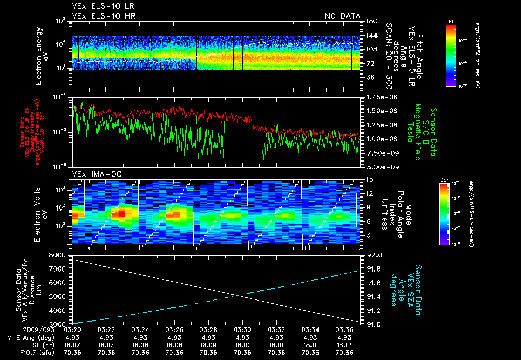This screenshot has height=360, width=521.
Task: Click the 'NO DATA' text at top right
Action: pos(342,16)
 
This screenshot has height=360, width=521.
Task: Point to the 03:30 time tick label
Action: pos(242,330)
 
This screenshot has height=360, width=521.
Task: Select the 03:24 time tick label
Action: pos(140,330)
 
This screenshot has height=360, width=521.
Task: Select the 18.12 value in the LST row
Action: pos(344,345)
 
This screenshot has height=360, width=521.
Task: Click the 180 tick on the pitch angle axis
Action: pos(370,21)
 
